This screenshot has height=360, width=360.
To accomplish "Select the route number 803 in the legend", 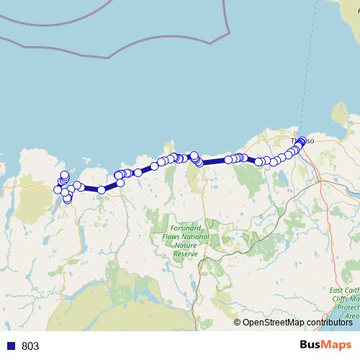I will (30, 346).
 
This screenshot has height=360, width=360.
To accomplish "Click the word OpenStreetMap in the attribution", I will (273, 323).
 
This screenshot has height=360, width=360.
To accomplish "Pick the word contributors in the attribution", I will (328, 323).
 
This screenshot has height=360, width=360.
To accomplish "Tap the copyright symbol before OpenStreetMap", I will (238, 323).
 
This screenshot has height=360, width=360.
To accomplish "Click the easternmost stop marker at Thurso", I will (302, 140).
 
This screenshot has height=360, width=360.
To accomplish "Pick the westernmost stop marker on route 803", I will (58, 189).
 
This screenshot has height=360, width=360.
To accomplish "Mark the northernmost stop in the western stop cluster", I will (65, 174).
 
